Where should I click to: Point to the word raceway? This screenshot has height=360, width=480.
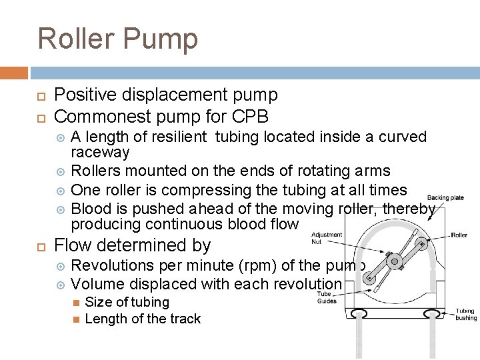pos(100,152)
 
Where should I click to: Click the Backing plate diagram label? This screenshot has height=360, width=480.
pos(445,198)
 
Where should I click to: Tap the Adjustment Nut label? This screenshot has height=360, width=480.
pos(327,238)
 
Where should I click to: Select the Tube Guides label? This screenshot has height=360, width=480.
pos(326,297)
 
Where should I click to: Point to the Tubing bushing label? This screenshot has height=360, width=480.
pos(465,315)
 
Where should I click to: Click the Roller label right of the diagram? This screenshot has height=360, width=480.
pos(459,235)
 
